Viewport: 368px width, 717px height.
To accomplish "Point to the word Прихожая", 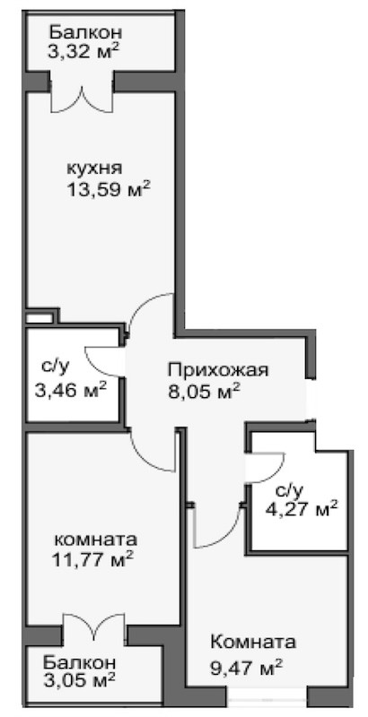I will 216,369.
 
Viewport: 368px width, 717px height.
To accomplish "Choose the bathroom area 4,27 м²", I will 304,509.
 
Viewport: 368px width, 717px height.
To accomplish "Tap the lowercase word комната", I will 96,540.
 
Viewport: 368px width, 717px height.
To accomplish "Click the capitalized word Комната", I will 253,643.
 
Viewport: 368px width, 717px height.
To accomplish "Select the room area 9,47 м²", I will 247,666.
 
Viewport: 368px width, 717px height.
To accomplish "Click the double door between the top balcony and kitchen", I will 82,97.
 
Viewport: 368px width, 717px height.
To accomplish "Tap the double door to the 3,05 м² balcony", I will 93,627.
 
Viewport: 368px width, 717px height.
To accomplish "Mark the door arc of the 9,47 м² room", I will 218,530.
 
